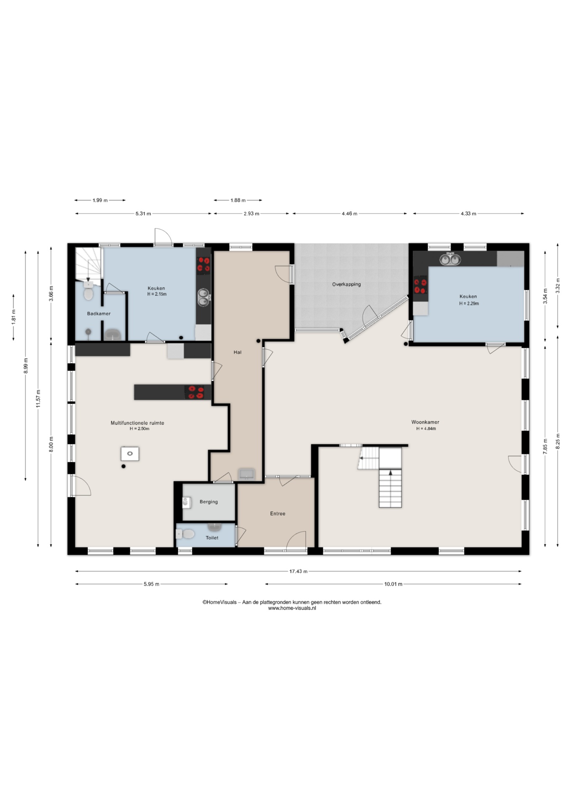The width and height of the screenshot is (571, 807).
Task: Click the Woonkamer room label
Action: click(x=425, y=422)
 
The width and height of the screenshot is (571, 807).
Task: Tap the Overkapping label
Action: click(x=346, y=285)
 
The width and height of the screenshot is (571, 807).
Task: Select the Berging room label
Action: click(x=209, y=502)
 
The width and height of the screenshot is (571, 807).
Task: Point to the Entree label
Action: click(x=278, y=514)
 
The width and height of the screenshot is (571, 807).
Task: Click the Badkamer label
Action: click(x=99, y=314)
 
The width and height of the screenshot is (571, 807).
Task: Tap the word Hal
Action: click(x=238, y=352)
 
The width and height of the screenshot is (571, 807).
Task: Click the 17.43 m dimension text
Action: click(x=298, y=571)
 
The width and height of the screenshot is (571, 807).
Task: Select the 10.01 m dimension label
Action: click(x=393, y=584)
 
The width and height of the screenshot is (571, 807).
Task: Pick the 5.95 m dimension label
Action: click(x=151, y=584)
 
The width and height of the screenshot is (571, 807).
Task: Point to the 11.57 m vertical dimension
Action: click(x=38, y=398)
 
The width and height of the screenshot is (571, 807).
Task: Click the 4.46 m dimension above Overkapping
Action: click(x=349, y=214)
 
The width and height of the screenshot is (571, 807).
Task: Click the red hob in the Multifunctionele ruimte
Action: click(x=196, y=392)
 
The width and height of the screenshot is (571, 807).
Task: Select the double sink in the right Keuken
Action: click(x=449, y=259)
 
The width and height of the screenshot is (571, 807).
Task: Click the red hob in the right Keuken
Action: click(x=420, y=286)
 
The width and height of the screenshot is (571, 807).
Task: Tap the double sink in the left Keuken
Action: click(x=204, y=297)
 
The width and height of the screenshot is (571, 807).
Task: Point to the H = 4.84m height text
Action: click(x=426, y=429)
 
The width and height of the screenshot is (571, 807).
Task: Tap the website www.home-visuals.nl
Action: click(x=292, y=608)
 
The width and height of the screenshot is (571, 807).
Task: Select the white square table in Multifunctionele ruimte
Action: click(x=130, y=454)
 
